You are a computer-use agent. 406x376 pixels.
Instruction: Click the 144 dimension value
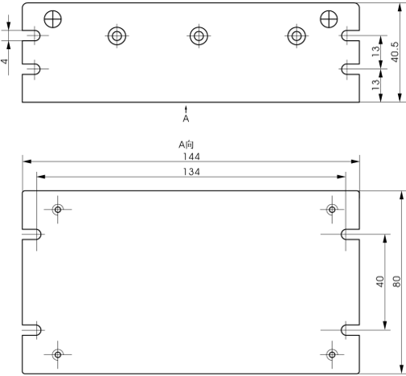coord(191,157)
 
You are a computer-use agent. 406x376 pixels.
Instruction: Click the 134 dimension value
coord(191,172)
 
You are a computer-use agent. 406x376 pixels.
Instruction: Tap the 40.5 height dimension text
coord(395,52)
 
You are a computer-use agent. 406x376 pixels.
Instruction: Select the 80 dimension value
coord(396,281)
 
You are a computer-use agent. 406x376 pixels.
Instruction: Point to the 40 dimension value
coord(380,281)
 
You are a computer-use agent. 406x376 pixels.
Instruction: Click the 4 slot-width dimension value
coord(5,61)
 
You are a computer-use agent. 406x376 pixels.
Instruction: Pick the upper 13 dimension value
coord(375,51)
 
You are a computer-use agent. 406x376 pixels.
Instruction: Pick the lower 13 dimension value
coord(375,84)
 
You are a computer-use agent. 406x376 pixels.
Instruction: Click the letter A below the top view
coord(186,119)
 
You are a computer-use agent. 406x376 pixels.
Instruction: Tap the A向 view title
coord(186,145)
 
